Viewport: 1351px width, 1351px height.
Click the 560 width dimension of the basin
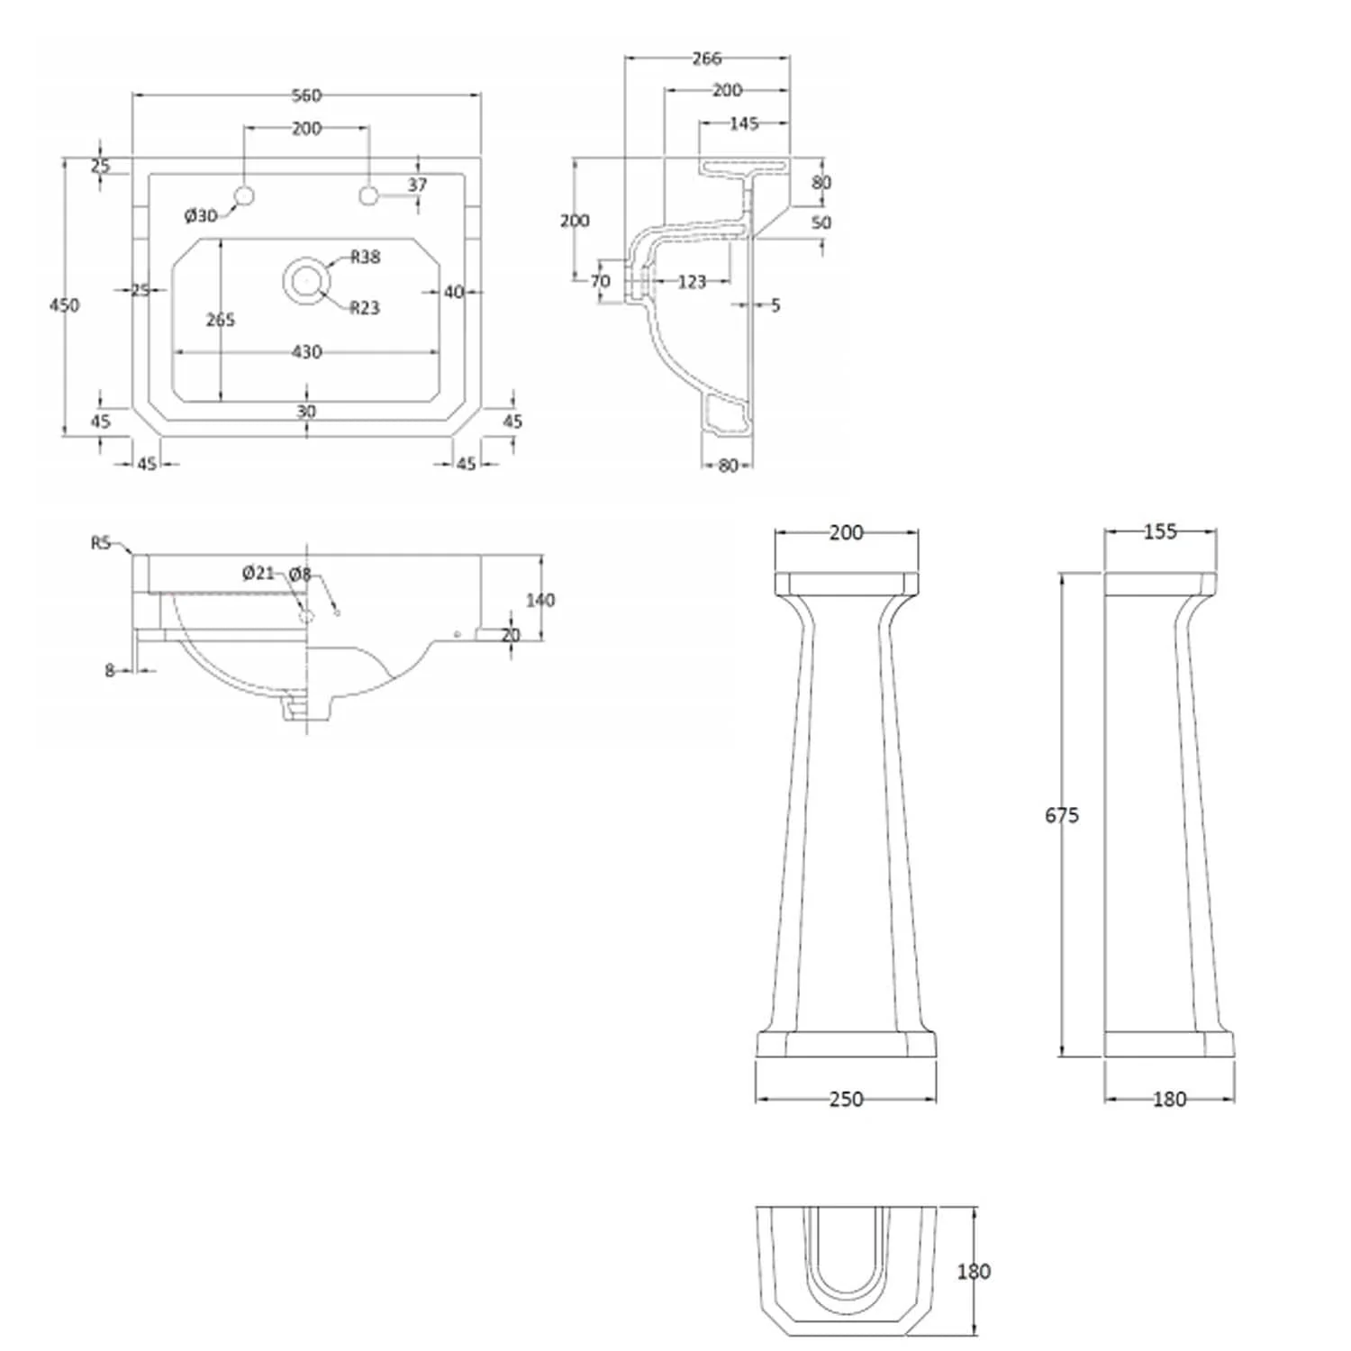click(306, 95)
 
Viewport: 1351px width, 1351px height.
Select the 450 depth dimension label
click(64, 305)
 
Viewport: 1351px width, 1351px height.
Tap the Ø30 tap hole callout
click(201, 215)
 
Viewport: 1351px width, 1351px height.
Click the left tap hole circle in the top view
click(244, 195)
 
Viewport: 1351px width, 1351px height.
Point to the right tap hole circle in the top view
click(368, 195)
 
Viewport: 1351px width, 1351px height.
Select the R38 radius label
click(365, 258)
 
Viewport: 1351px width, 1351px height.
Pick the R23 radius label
click(365, 308)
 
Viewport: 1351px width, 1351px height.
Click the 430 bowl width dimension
click(306, 352)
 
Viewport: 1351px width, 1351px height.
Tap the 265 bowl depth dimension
click(221, 320)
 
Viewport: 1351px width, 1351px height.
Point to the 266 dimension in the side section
click(707, 59)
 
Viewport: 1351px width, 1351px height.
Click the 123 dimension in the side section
click(692, 282)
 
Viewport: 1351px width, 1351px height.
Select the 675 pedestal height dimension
click(1062, 815)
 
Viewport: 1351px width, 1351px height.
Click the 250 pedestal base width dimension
click(846, 1099)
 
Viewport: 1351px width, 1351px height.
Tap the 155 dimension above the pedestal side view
click(1160, 532)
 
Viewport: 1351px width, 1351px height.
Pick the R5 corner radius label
click(100, 543)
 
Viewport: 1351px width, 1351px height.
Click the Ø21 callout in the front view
click(258, 573)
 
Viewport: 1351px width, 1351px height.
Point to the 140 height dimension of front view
click(539, 600)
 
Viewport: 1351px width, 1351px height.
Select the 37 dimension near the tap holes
click(417, 185)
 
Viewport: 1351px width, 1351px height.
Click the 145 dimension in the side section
click(744, 123)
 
